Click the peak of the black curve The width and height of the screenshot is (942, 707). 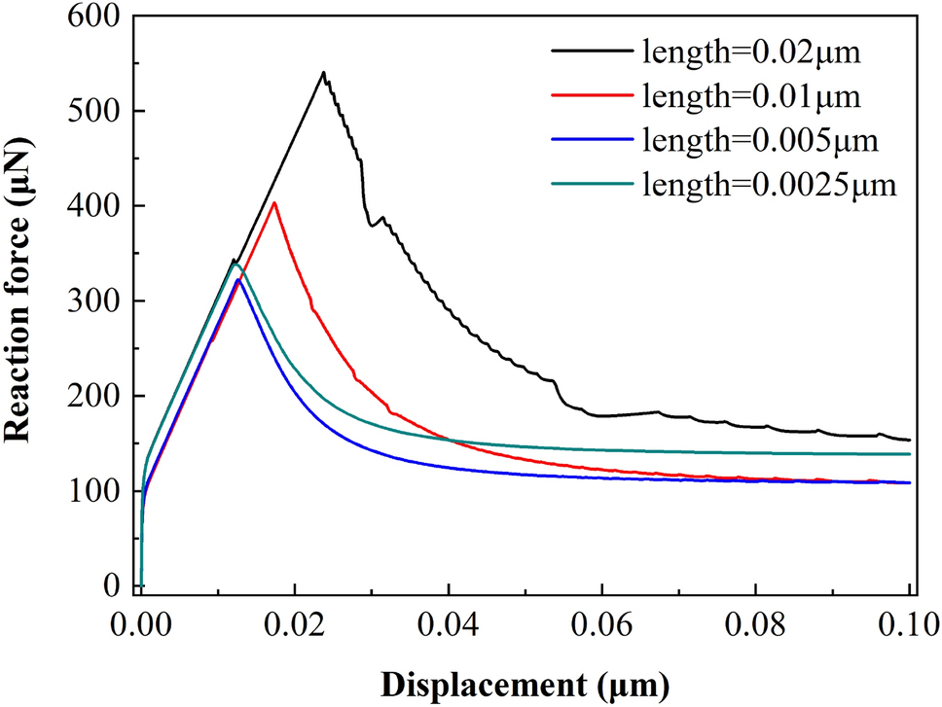tap(323, 72)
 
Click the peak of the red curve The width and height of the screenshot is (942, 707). tap(274, 202)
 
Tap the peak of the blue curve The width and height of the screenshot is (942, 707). tap(238, 280)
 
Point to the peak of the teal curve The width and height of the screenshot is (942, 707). tap(235, 264)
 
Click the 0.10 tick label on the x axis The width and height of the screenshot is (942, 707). tap(910, 622)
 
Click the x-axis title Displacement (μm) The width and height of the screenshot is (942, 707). tap(525, 684)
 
